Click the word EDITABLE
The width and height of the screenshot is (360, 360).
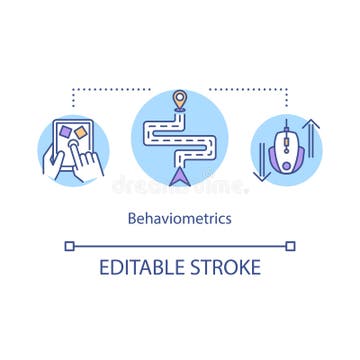coord(140,267)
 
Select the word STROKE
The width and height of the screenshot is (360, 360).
coord(225,267)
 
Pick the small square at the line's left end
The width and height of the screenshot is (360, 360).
coord(69,244)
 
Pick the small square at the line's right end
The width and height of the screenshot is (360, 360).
coord(290,244)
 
